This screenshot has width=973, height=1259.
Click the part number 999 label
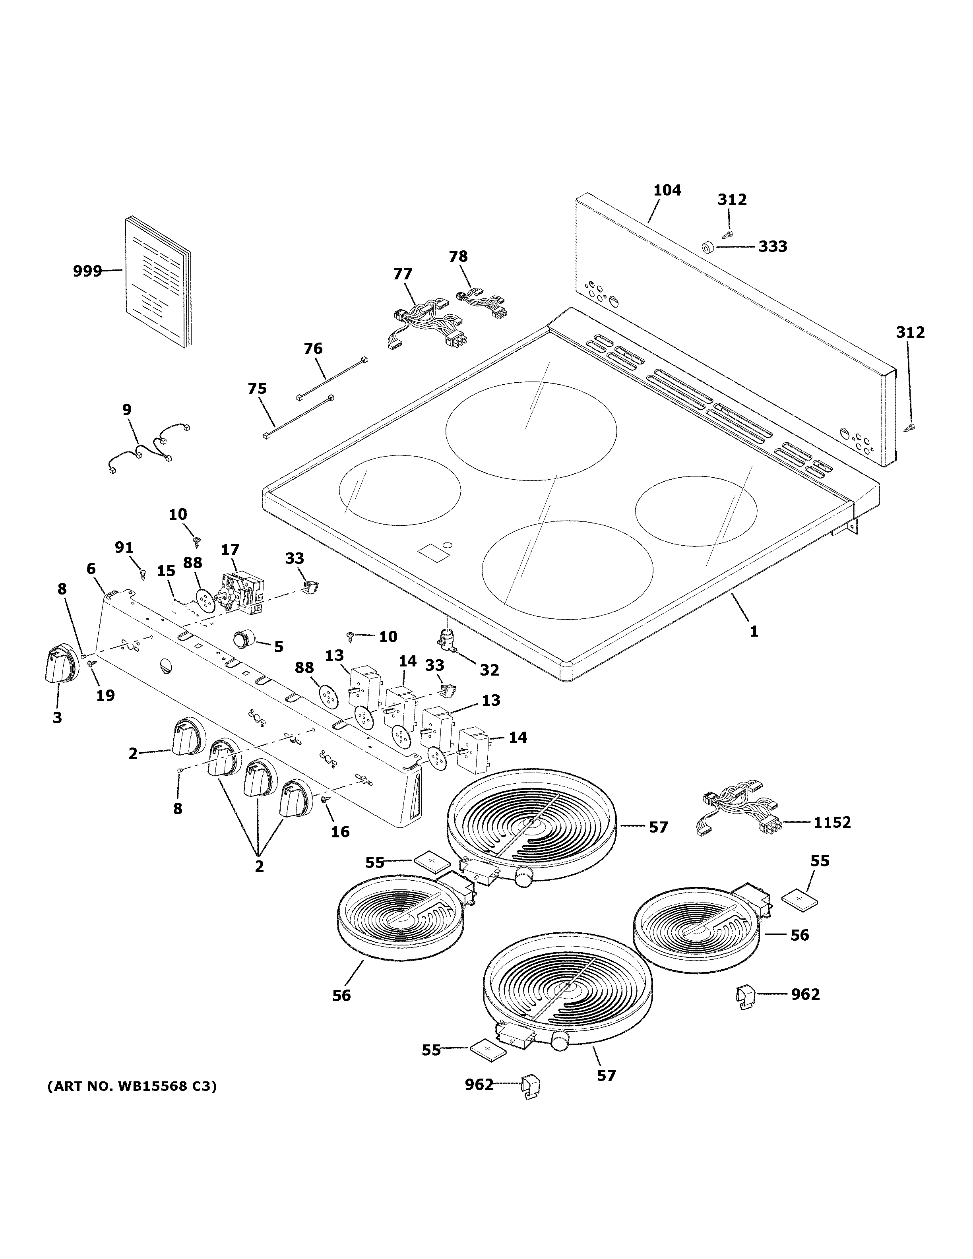click(x=87, y=271)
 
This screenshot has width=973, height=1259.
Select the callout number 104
click(x=667, y=190)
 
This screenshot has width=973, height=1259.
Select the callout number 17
click(x=230, y=550)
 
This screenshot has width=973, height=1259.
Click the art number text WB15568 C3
click(x=132, y=1087)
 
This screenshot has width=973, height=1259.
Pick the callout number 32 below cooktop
click(x=489, y=670)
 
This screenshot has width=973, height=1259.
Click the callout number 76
click(x=313, y=349)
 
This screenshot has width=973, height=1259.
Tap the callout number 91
click(x=124, y=548)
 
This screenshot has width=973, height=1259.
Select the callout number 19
click(x=105, y=696)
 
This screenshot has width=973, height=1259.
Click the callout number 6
click(x=91, y=569)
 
